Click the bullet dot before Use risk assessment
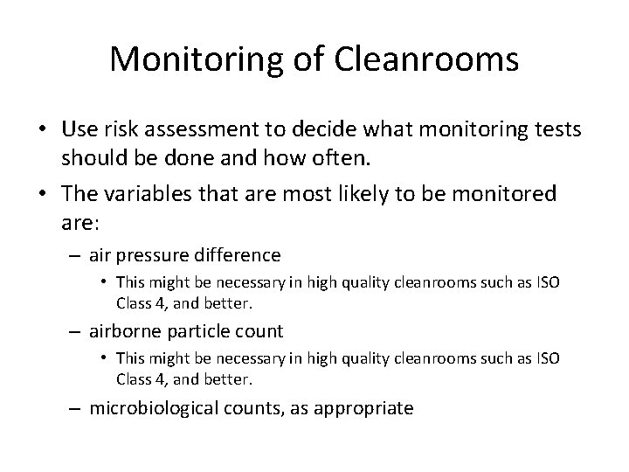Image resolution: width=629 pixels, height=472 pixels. (42, 128)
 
